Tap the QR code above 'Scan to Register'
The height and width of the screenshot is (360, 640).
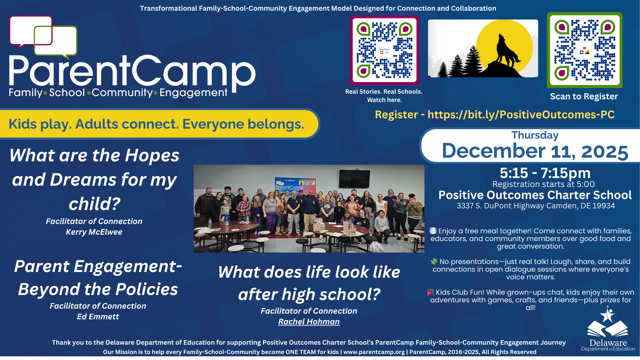pyautogui.click(x=585, y=50)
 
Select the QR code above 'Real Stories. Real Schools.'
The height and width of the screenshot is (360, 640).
pyautogui.click(x=384, y=50)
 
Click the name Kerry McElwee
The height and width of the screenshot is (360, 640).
pyautogui.click(x=94, y=232)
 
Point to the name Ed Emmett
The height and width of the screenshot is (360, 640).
pyautogui.click(x=98, y=317)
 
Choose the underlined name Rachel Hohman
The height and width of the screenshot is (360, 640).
pyautogui.click(x=309, y=322)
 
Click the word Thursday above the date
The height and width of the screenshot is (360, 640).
pyautogui.click(x=535, y=135)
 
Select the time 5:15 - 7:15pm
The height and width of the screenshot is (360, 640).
pyautogui.click(x=545, y=173)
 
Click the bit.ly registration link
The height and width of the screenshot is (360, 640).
pyautogui.click(x=521, y=115)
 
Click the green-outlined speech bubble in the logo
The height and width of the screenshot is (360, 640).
pyautogui.click(x=56, y=42)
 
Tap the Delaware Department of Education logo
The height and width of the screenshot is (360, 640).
pyautogui.click(x=608, y=329)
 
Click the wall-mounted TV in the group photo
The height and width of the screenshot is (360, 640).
pyautogui.click(x=354, y=179)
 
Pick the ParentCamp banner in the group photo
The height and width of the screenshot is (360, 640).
pyautogui.click(x=295, y=185)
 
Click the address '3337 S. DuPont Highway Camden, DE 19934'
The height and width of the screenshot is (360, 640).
pyautogui.click(x=536, y=206)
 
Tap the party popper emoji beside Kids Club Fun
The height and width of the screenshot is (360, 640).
pyautogui.click(x=430, y=292)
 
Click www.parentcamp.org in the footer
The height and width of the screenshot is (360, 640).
pyautogui.click(x=374, y=352)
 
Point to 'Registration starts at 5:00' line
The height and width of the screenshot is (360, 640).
pyautogui.click(x=544, y=184)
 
